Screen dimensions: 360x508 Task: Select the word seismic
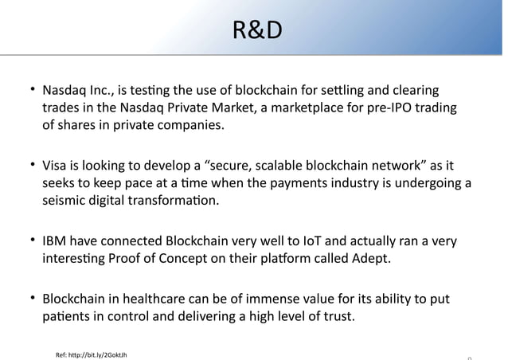pyautogui.click(x=66, y=202)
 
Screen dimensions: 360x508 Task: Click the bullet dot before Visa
pyautogui.click(x=34, y=166)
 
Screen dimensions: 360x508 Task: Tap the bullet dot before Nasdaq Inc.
pyautogui.click(x=34, y=88)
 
